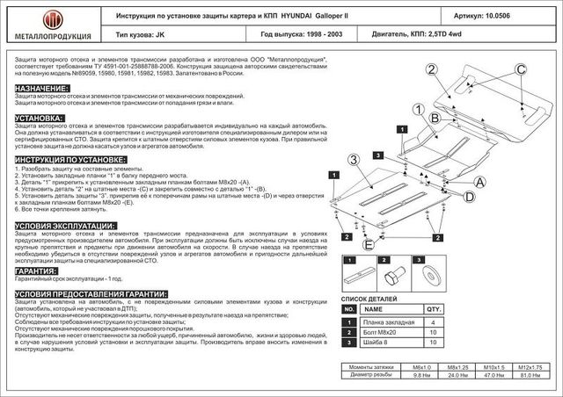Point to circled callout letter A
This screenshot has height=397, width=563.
coord(480,183)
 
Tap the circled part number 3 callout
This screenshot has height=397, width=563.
coord(353,159)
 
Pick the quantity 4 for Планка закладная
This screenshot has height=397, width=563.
coord(434,321)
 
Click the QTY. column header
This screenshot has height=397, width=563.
coord(434,309)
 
